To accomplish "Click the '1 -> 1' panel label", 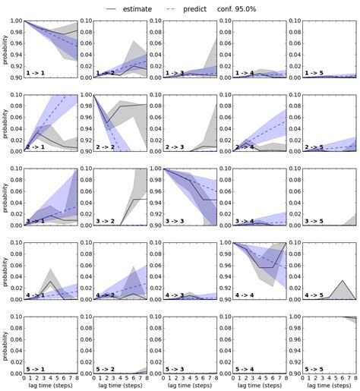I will pyautogui.click(x=36, y=73).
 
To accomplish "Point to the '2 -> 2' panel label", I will pyautogui.click(x=108, y=147).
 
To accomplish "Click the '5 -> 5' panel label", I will pyautogui.click(x=320, y=367).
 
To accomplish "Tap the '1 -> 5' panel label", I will pyautogui.click(x=320, y=73).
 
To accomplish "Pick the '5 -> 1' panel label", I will pyautogui.click(x=36, y=367).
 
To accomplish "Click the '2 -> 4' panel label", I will pyautogui.click(x=249, y=147).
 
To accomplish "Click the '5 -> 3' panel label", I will pyautogui.click(x=178, y=367).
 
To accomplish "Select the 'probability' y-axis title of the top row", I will pyautogui.click(x=6, y=49).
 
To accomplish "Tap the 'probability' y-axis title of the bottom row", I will pyautogui.click(x=6, y=343).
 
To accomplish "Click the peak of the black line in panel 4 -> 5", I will pyautogui.click(x=343, y=281).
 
